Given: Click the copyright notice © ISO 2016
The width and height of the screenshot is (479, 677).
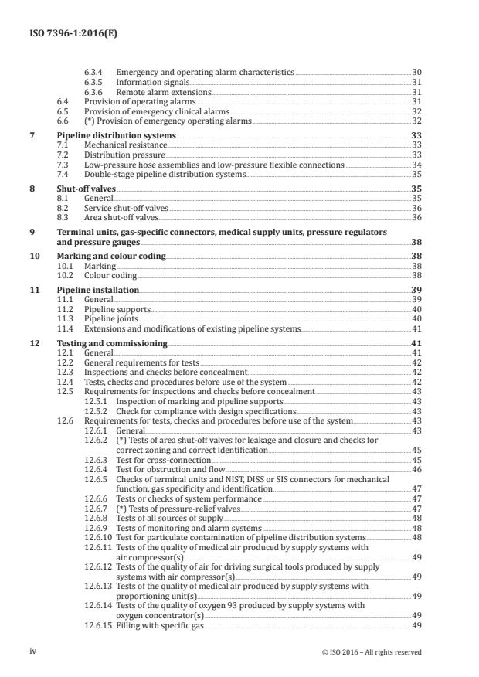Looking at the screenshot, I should (371, 651).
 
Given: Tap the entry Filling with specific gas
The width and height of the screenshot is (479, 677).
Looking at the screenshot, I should (157, 626).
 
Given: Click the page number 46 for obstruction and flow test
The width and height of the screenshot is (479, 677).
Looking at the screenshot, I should (416, 469).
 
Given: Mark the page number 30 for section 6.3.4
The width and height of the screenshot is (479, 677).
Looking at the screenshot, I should (416, 71).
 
